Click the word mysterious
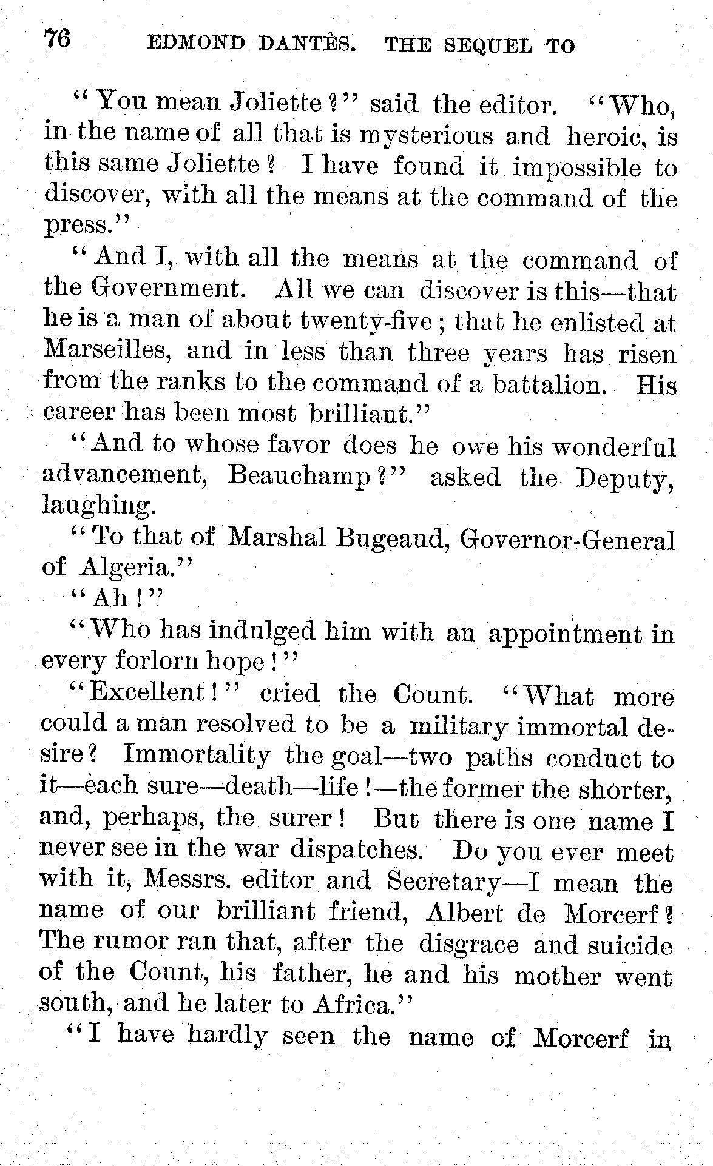click(424, 136)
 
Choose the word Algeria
click(130, 568)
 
